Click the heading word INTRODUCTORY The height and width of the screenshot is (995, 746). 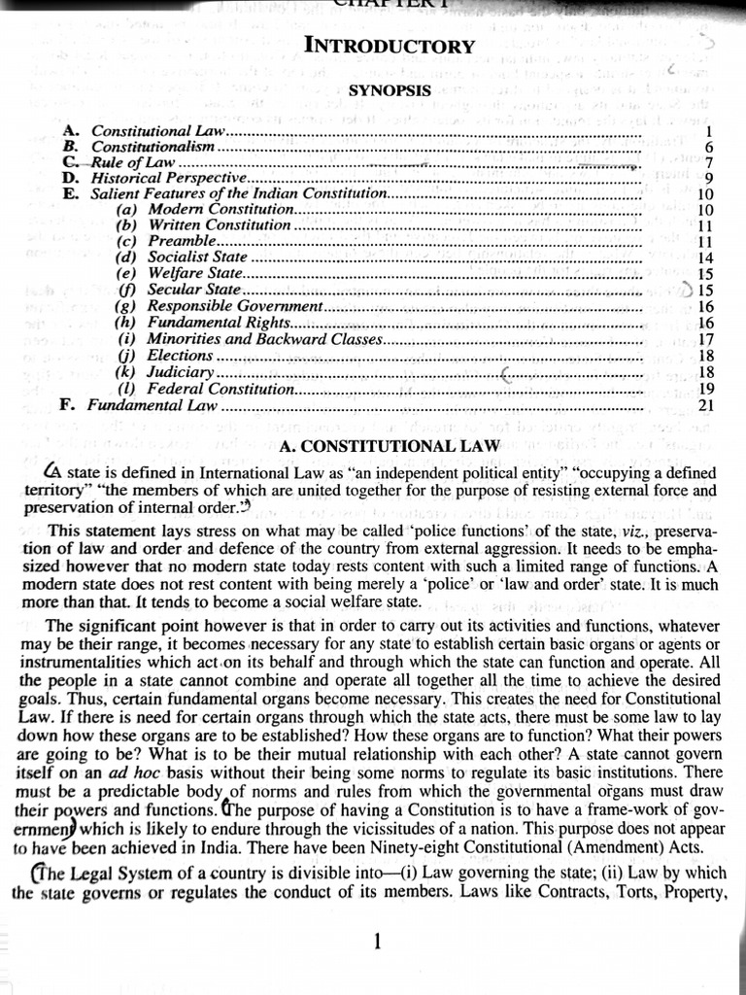coord(390,47)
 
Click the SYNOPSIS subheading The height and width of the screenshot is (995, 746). coord(390,90)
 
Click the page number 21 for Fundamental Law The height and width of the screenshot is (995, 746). coord(706,405)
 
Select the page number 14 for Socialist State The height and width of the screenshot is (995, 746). coord(706,257)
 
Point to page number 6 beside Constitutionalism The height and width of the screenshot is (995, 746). coord(709,147)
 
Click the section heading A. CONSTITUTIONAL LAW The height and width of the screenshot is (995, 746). coord(389,446)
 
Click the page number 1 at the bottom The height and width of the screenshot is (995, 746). coord(378,941)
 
